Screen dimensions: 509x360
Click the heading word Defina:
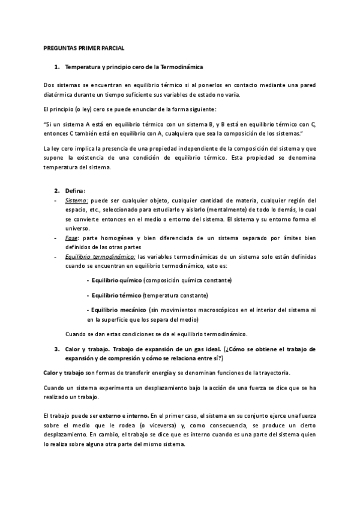click(x=75, y=190)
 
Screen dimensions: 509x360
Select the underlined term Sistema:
click(x=76, y=200)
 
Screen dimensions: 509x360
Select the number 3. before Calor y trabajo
click(x=56, y=349)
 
